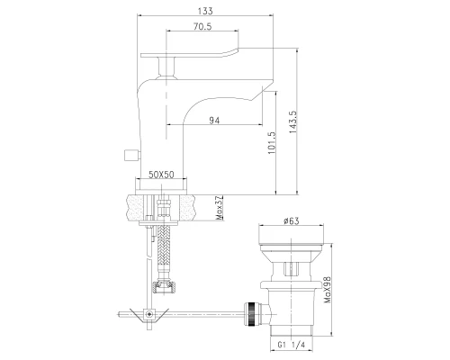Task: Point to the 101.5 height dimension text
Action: click(x=272, y=142)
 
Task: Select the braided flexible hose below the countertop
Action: click(x=164, y=252)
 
